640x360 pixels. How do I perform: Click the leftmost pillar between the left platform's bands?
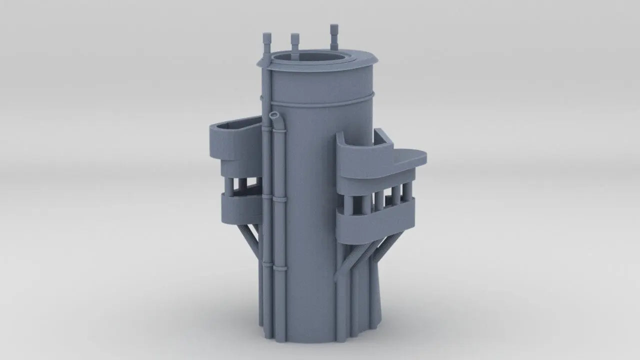(x=228, y=185)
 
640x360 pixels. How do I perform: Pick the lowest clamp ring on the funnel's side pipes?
(x=273, y=266)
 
